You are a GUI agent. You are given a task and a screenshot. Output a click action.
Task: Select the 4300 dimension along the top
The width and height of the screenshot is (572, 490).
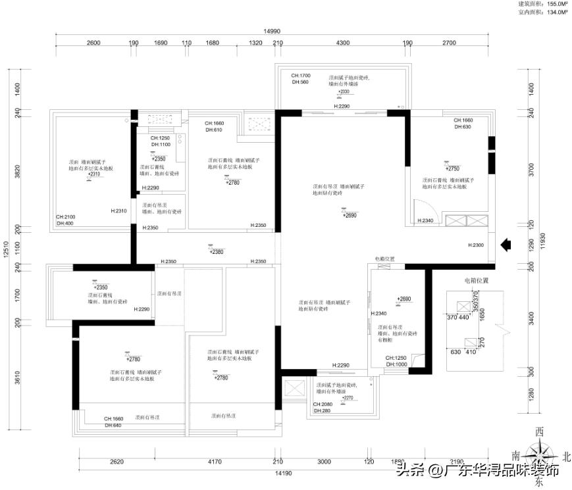pyautogui.click(x=339, y=43)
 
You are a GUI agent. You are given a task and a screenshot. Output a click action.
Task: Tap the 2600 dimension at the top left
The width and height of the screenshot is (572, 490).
pyautogui.click(x=93, y=43)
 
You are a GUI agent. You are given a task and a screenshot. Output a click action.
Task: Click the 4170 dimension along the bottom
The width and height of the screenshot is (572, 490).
pyautogui.click(x=215, y=462)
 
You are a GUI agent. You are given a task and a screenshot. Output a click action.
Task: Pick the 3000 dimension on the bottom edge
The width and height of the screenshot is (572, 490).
pyautogui.click(x=324, y=462)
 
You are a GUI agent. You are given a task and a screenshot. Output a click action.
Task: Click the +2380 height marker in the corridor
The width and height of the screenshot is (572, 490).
pyautogui.click(x=216, y=251)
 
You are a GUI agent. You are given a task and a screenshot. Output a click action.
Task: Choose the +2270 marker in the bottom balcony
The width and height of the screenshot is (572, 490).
pyautogui.click(x=347, y=397)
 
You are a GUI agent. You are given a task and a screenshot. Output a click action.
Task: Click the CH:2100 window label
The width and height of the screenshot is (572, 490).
pyautogui.click(x=66, y=216)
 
